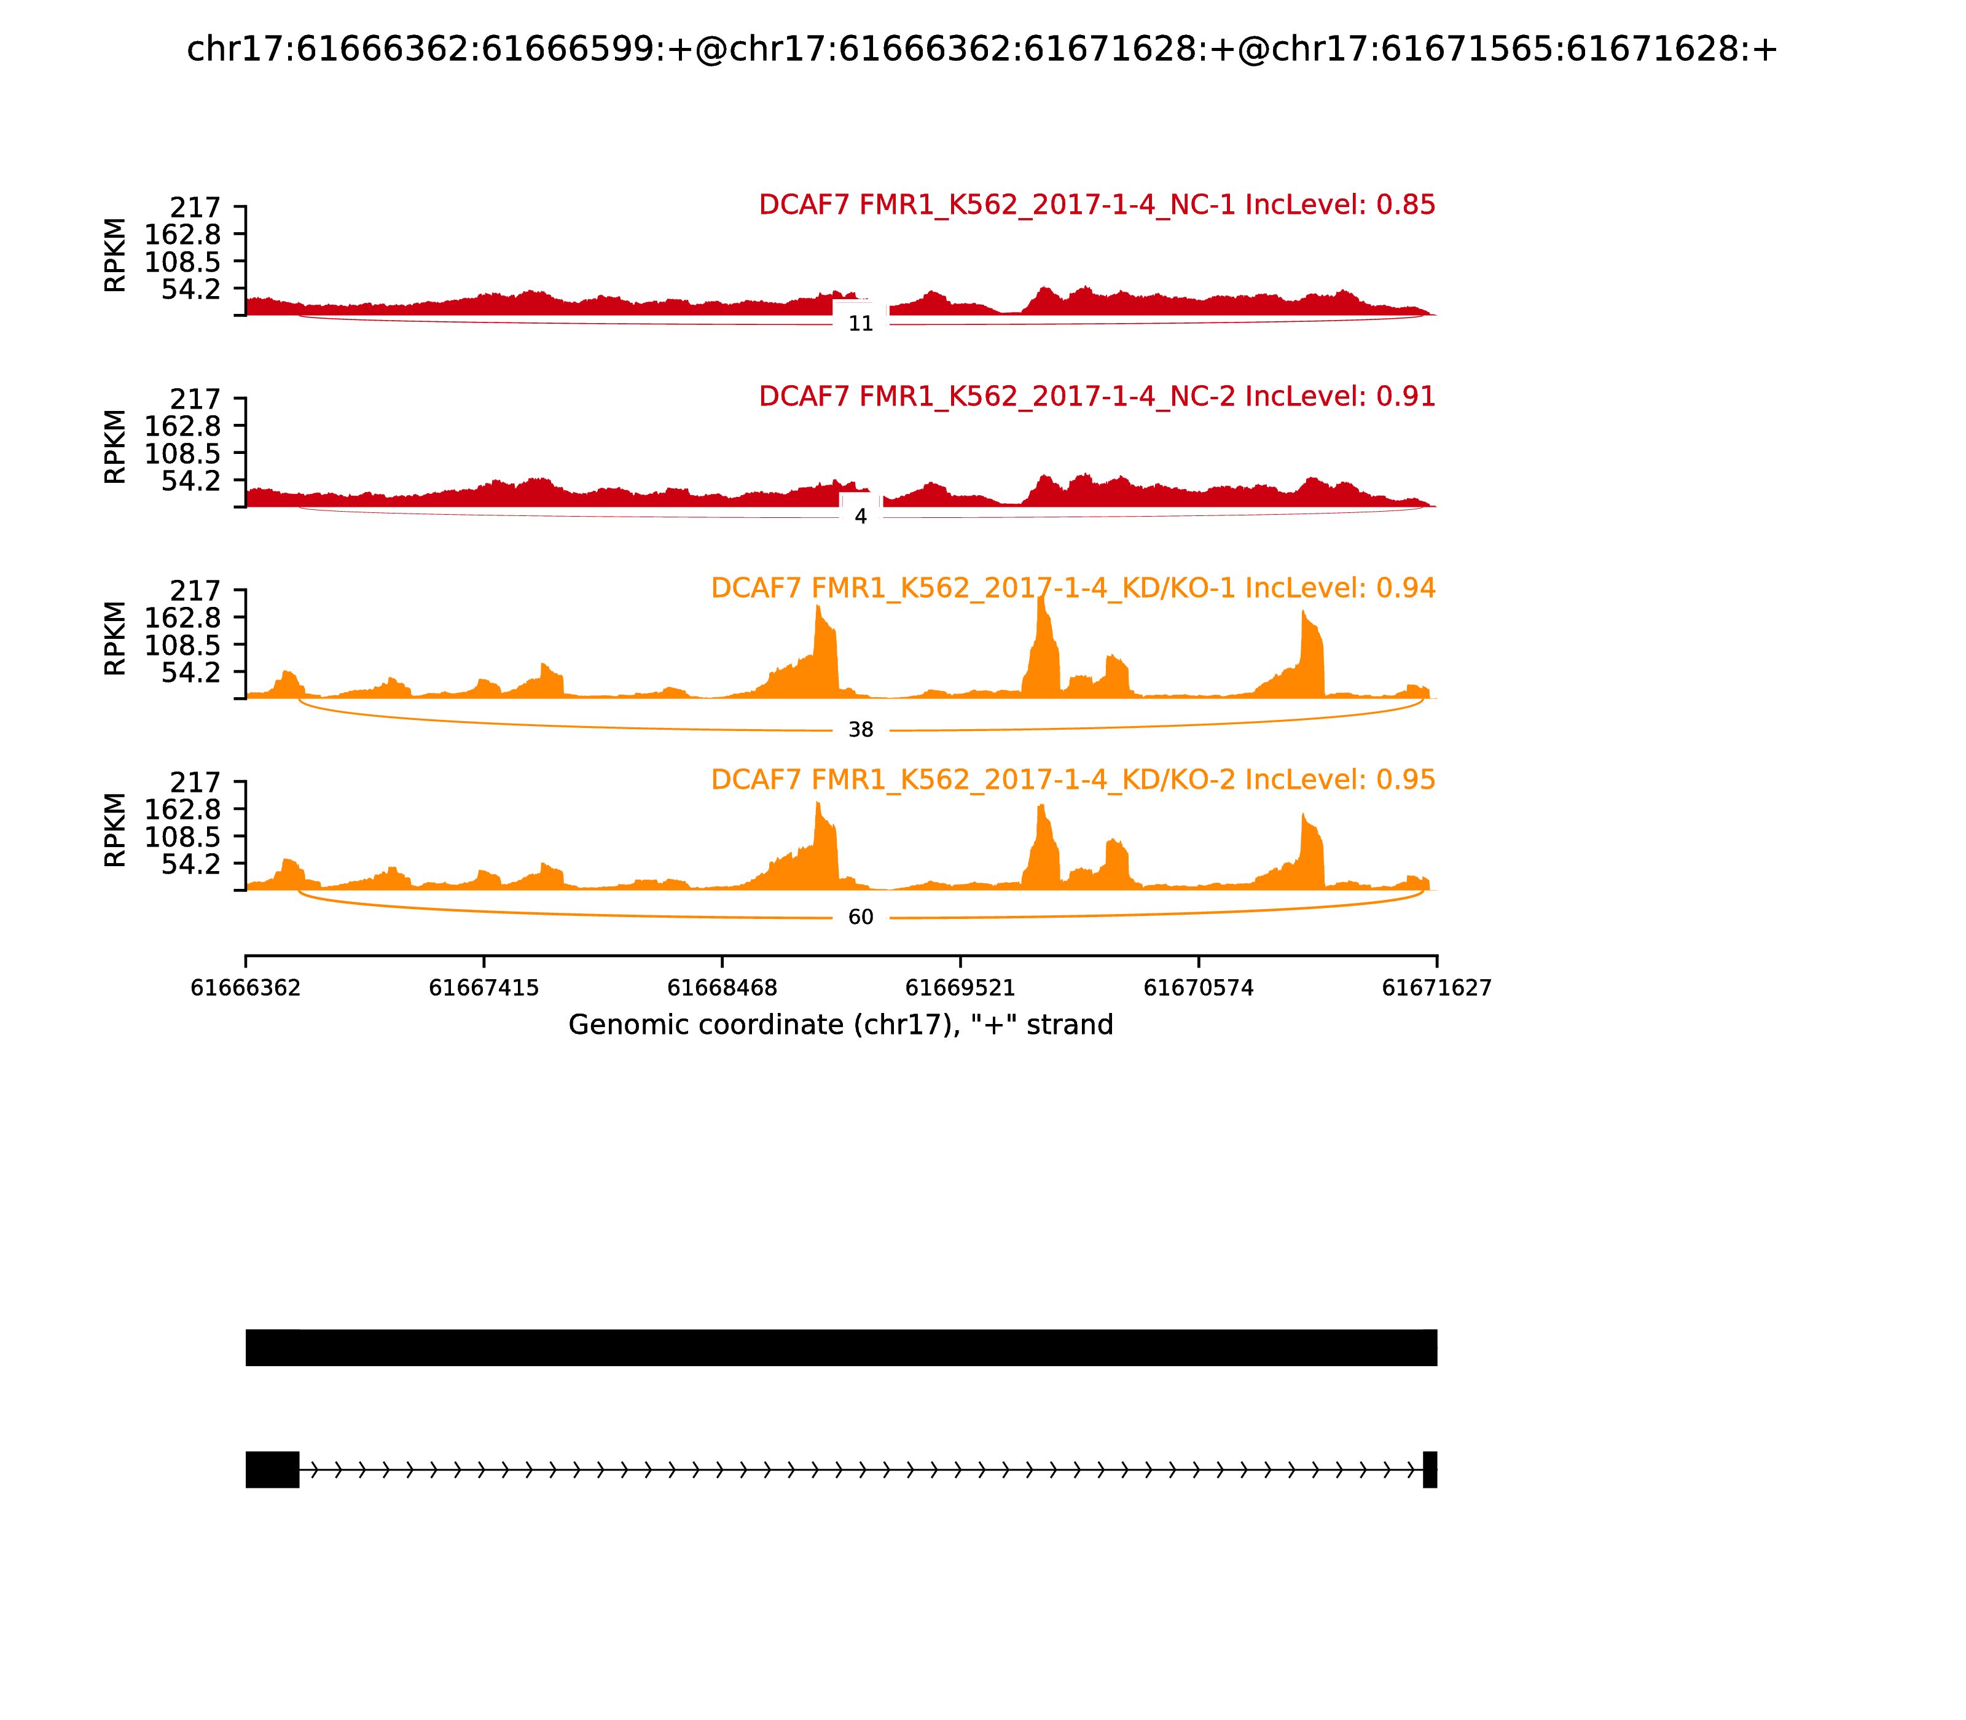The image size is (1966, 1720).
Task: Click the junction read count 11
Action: point(860,324)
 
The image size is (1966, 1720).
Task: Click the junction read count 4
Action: point(860,517)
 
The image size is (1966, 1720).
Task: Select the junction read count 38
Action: point(860,730)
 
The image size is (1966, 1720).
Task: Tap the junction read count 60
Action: point(860,918)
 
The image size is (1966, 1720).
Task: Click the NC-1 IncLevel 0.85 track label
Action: point(1096,205)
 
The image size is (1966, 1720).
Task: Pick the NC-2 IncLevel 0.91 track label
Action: point(1096,396)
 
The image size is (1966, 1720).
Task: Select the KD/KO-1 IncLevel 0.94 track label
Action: point(1072,588)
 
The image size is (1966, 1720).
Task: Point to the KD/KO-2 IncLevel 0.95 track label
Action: point(1072,780)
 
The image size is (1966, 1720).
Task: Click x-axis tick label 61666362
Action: point(246,988)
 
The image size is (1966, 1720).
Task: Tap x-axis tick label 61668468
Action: point(722,988)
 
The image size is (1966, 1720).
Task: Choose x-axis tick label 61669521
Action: point(960,988)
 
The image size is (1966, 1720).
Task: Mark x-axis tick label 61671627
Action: point(1436,988)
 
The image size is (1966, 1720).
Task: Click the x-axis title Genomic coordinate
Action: point(841,1025)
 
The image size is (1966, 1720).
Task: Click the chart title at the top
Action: point(982,49)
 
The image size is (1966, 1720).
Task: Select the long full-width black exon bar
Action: point(841,1348)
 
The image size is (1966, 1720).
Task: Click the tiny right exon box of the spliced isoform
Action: point(1430,1469)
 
